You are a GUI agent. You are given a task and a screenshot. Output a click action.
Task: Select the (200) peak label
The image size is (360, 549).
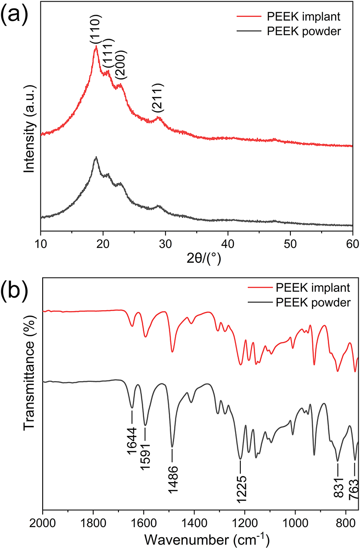pyautogui.click(x=121, y=66)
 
